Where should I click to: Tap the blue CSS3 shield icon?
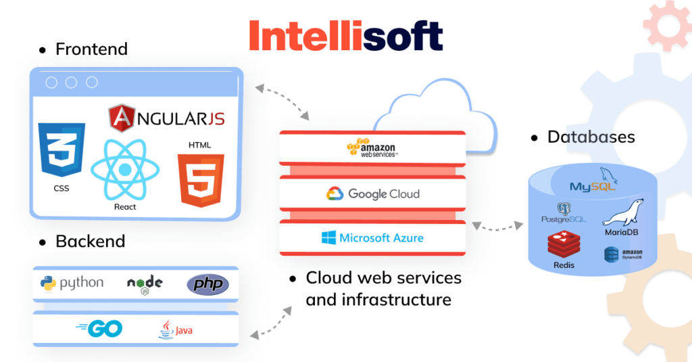pos(61,150)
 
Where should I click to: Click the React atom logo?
pos(124,170)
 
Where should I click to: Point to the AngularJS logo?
pos(166,119)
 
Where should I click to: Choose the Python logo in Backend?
pos(72,284)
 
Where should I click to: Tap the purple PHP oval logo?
pos(207,284)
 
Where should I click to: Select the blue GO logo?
pos(99,329)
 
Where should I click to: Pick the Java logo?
pos(175,330)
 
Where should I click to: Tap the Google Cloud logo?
pos(372,194)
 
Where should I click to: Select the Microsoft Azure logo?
pos(372,237)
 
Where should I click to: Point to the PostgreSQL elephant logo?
pos(564,212)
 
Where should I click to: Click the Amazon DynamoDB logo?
pos(622,254)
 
